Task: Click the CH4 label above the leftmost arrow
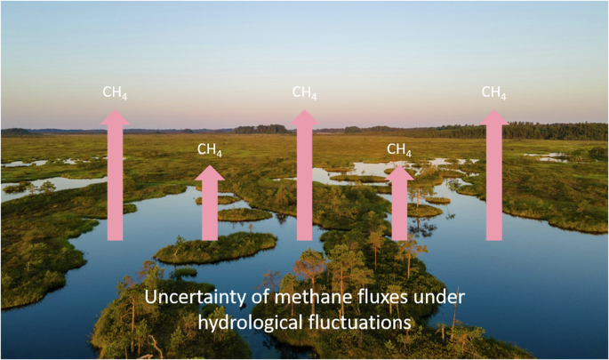[x=116, y=92]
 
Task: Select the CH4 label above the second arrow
[x=210, y=149]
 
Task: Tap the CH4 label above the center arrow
[x=305, y=92]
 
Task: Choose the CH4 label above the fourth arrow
[x=399, y=149]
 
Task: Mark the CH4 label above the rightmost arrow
[x=494, y=92]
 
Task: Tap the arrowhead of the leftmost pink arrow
[x=115, y=118]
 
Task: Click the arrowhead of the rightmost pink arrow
[x=494, y=118]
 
